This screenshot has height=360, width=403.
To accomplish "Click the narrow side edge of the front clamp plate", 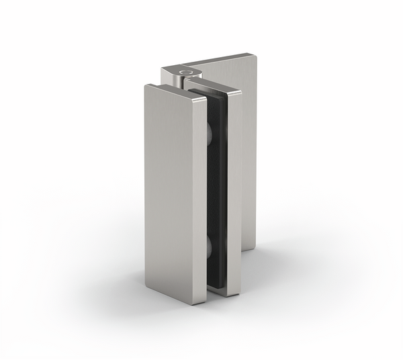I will pyautogui.click(x=199, y=201).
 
